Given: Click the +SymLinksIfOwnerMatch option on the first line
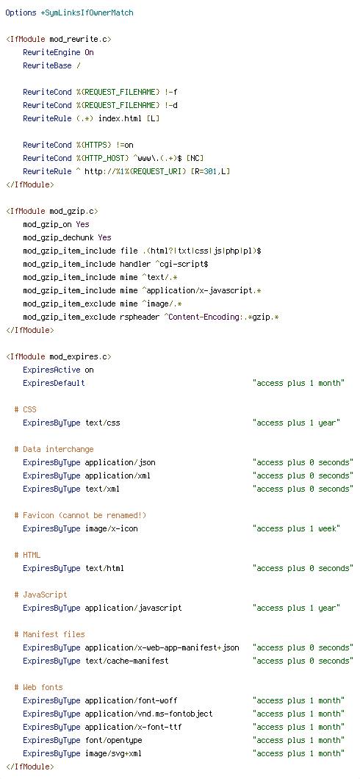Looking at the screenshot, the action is (87, 13).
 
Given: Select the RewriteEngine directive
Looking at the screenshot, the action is (51, 52).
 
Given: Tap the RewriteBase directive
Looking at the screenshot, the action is (48, 65).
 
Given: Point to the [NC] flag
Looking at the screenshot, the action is (195, 158).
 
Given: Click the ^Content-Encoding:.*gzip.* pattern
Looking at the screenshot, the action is (221, 317).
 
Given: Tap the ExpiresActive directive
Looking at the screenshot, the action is (51, 370).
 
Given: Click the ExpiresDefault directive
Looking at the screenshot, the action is (54, 383).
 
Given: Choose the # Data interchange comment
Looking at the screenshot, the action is (54, 449).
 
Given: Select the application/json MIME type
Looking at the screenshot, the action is (120, 462).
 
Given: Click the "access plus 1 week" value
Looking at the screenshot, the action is (296, 528).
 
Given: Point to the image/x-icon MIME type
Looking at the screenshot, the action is (111, 528).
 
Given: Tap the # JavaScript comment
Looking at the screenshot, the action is (40, 595).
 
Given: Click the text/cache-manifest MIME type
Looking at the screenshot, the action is (126, 661).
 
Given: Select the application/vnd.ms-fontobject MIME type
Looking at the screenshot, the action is (148, 714).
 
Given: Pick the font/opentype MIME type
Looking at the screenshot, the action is (113, 740).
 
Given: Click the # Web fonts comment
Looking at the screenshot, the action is (38, 687).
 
